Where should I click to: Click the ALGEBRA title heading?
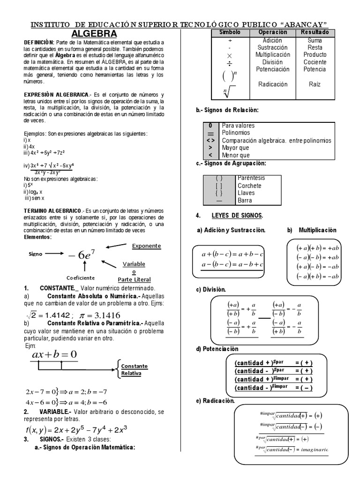click(x=94, y=34)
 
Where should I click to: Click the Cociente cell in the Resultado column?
click(x=315, y=62)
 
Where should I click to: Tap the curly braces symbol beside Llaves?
click(x=219, y=193)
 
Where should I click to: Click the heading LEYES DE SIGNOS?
click(x=240, y=215)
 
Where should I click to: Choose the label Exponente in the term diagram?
click(x=146, y=246)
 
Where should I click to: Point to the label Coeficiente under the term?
click(x=81, y=277)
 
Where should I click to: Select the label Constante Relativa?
click(x=134, y=370)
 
